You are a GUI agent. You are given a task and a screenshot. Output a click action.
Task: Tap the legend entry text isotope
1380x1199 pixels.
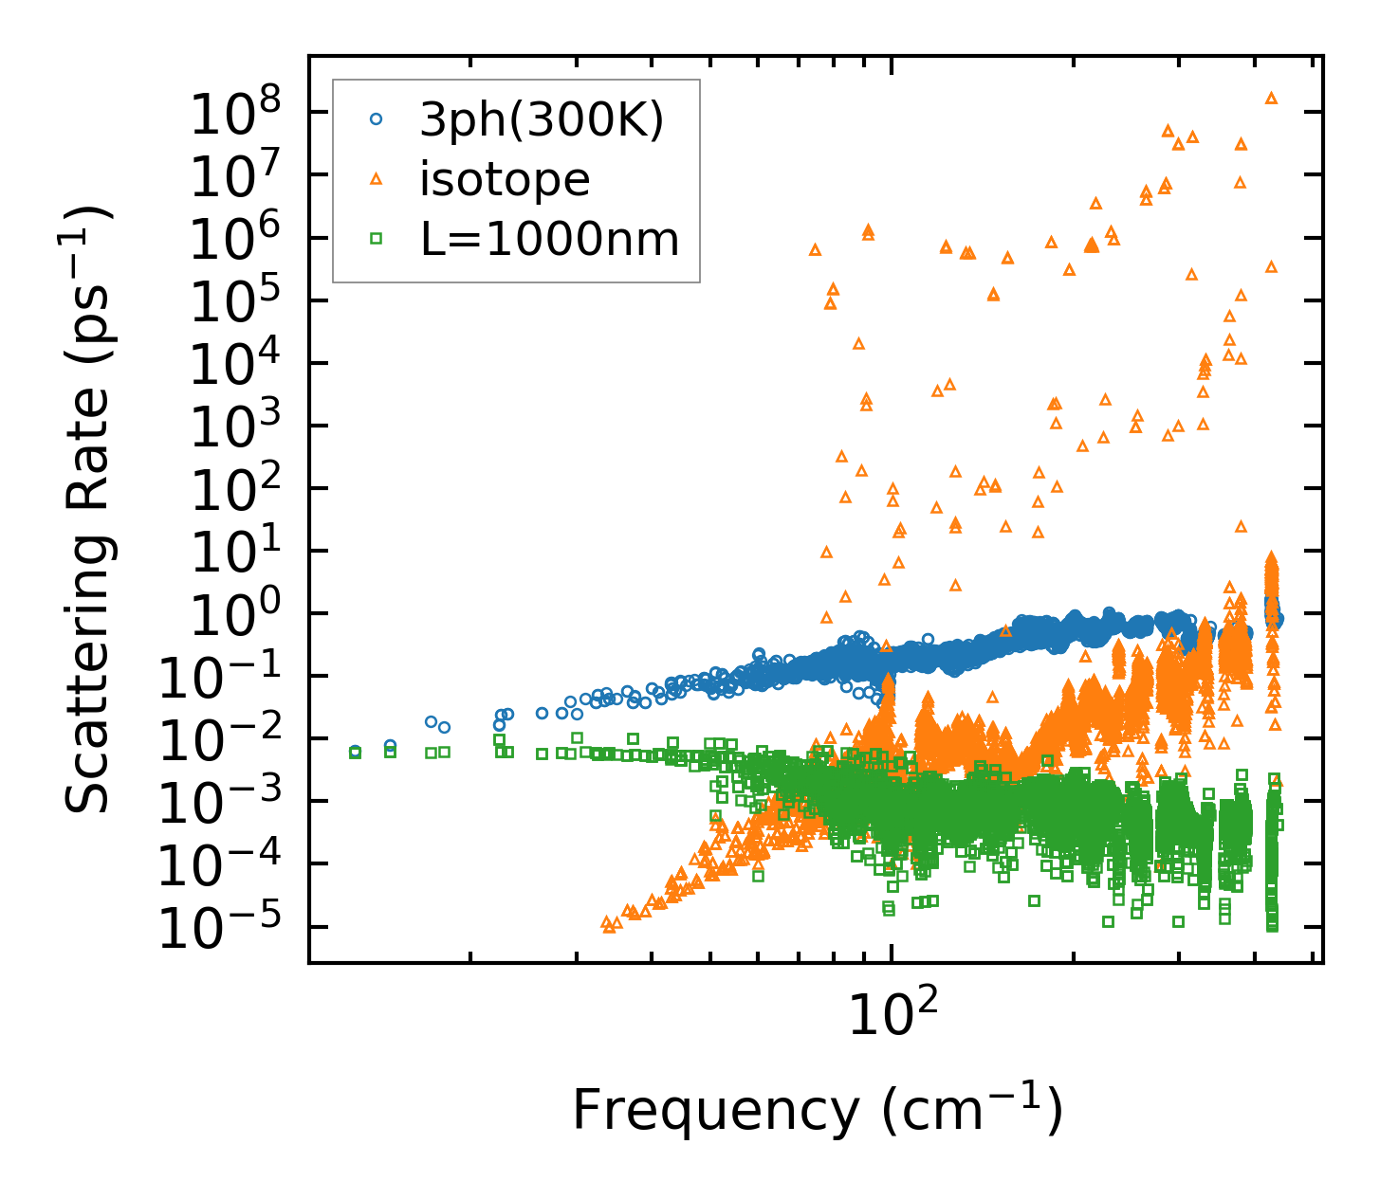pyautogui.click(x=505, y=179)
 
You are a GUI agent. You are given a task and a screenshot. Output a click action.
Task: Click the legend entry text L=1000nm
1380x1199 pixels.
pyautogui.click(x=550, y=240)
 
